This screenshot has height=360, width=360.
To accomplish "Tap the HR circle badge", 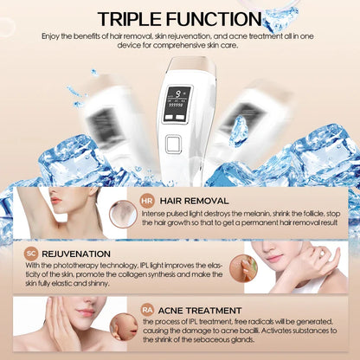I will pyautogui.click(x=147, y=201).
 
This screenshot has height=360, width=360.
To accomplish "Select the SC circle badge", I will pyautogui.click(x=30, y=252).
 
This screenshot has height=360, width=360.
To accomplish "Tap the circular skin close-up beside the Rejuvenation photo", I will pyautogui.click(x=243, y=268).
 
